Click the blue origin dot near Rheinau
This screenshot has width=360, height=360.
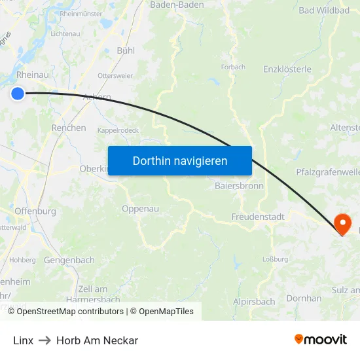(18, 94)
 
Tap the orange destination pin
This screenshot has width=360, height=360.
(342, 225)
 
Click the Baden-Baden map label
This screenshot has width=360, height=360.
(177, 5)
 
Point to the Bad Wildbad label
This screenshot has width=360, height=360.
(324, 10)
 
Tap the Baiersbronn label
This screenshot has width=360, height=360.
(239, 186)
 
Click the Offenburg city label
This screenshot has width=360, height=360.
(35, 211)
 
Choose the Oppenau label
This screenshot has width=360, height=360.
(140, 209)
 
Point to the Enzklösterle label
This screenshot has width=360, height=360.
(287, 69)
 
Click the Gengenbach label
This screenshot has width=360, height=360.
(69, 260)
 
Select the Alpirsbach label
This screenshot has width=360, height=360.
(254, 302)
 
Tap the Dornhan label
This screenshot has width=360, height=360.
(305, 298)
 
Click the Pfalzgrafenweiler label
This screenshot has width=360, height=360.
(328, 173)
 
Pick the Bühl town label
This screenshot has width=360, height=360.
(125, 50)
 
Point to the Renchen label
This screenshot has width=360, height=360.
(69, 128)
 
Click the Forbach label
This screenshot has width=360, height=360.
(233, 67)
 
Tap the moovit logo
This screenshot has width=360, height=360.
(321, 340)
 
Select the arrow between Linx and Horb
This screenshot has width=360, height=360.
(45, 340)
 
